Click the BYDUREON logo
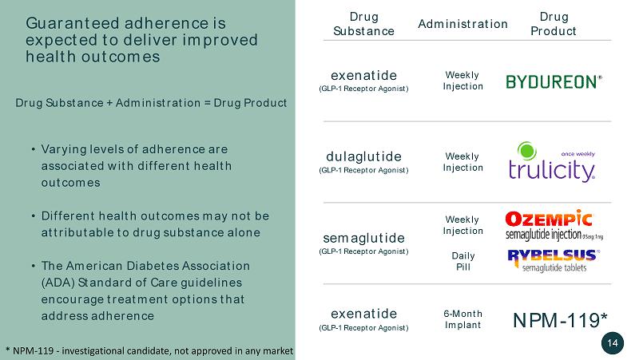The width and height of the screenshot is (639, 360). tap(554, 82)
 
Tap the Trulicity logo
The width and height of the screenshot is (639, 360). tap(552, 162)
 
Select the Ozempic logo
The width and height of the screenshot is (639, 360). tap(554, 225)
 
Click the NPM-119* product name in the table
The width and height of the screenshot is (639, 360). tap(561, 320)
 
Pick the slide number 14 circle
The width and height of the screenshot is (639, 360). tap(613, 343)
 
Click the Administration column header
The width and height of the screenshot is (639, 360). tap(463, 24)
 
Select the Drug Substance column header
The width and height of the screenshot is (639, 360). tap(364, 24)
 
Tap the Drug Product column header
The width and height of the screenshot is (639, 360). tap(554, 24)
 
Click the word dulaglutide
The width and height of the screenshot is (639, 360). tap(364, 156)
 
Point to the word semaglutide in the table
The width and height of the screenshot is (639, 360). tap(364, 238)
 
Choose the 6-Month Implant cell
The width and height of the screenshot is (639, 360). tap(463, 319)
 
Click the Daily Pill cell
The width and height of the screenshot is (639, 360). tap(463, 261)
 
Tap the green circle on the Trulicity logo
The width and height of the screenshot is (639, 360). tap(527, 151)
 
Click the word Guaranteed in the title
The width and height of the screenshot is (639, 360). tap(72, 23)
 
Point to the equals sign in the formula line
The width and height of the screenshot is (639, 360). tap(207, 103)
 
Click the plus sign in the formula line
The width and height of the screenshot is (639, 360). tap(109, 103)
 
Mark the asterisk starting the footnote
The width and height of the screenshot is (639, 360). tap(8, 350)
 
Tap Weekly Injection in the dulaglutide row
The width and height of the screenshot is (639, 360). tap(463, 162)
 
